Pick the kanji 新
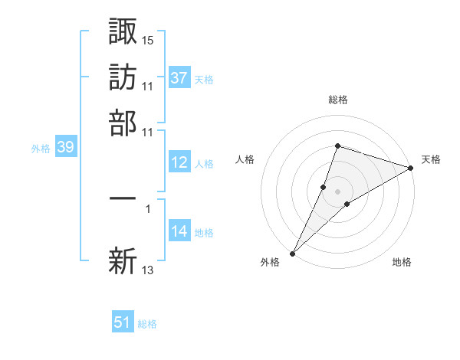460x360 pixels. tap(123, 260)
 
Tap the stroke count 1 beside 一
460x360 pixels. tap(148, 207)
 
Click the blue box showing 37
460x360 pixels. tap(179, 78)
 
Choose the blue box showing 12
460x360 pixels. tap(179, 162)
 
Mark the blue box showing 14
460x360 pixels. tap(179, 231)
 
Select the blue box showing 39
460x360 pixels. tap(65, 148)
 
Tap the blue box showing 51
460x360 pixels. tap(123, 322)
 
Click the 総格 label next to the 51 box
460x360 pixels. tap(147, 324)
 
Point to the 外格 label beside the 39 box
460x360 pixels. tap(41, 149)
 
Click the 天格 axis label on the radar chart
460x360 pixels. tap(431, 159)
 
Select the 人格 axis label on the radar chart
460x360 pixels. tap(245, 159)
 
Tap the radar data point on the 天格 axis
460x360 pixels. tap(411, 169)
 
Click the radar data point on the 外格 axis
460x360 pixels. tap(293, 253)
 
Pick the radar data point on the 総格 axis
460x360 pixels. tap(337, 146)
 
